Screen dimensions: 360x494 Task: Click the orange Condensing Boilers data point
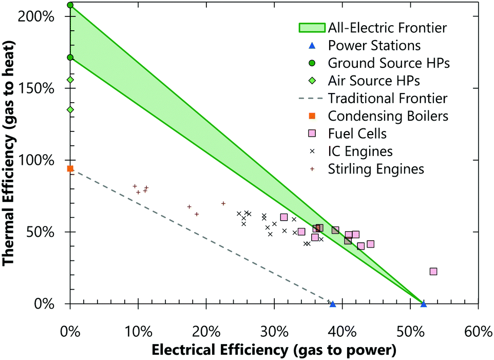70,168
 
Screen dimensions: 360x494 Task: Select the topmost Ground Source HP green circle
70,5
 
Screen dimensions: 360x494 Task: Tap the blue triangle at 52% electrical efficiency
424,304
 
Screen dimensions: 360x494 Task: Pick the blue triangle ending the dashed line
333,304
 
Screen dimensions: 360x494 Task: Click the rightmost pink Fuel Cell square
433,271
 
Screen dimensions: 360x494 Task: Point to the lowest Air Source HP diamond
70,109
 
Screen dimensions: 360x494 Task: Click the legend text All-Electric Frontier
387,28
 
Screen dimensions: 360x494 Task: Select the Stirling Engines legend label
376,169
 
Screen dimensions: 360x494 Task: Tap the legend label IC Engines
360,151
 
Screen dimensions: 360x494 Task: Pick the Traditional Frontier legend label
388,98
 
